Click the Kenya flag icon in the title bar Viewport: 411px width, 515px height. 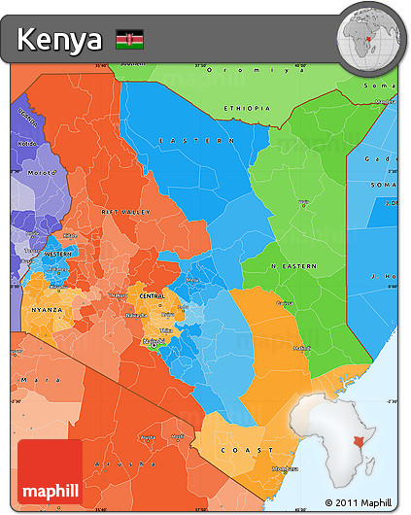pyautogui.click(x=130, y=40)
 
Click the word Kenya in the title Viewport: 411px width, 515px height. pyautogui.click(x=59, y=40)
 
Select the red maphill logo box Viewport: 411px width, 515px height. pyautogui.click(x=51, y=471)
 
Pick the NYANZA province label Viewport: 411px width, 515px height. pyautogui.click(x=46, y=310)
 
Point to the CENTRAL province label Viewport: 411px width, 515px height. pyautogui.click(x=152, y=294)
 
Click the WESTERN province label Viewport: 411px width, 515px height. pyautogui.click(x=57, y=253)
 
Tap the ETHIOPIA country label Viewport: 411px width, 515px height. pyautogui.click(x=248, y=108)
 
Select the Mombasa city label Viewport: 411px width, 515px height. pyautogui.click(x=285, y=467)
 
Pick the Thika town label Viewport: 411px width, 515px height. pyautogui.click(x=167, y=330)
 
